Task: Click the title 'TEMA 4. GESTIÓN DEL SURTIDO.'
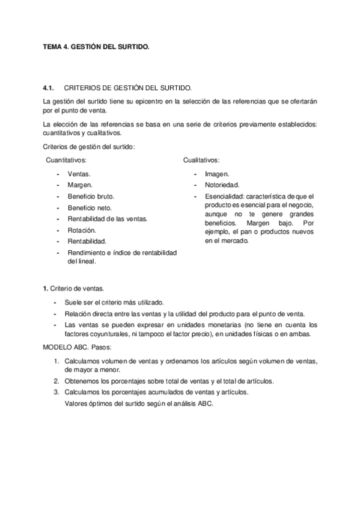[x=96, y=46]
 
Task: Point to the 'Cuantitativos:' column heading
[x=66, y=160]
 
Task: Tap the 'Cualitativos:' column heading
[x=201, y=160]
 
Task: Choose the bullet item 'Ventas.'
[x=79, y=173]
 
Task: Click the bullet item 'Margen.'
[x=80, y=185]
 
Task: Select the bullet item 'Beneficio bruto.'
[x=91, y=196]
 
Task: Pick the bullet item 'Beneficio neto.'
[x=90, y=207]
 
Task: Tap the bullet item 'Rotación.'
[x=82, y=230]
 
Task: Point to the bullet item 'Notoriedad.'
[x=222, y=185]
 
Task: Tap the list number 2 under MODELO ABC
[x=56, y=381]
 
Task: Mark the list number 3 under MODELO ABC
[x=56, y=392]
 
